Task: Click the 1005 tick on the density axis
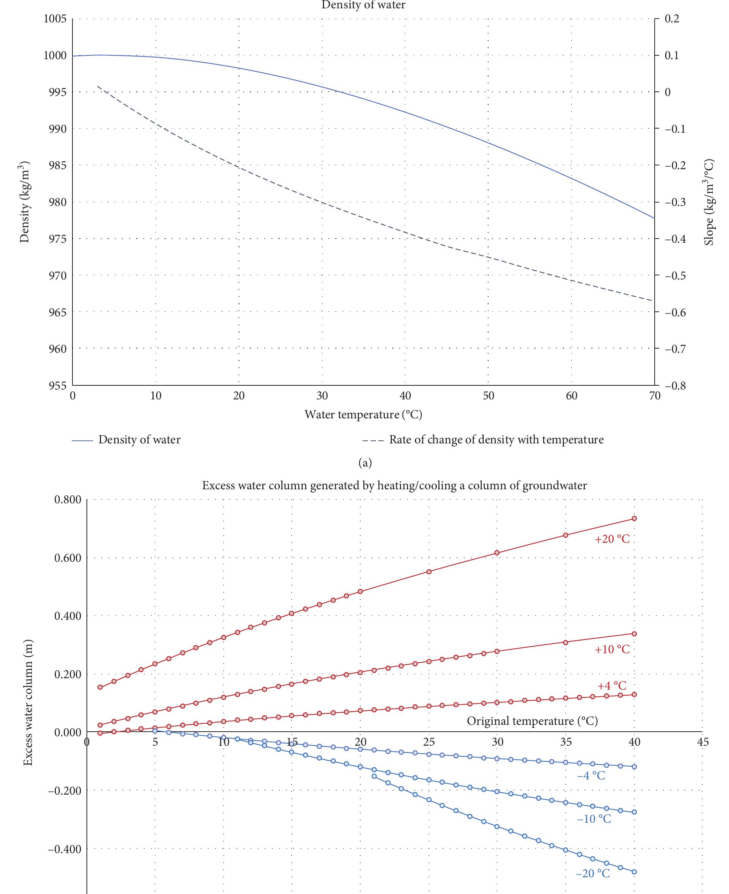(x=55, y=19)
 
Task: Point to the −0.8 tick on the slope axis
(x=675, y=386)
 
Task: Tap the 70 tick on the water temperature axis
(x=654, y=396)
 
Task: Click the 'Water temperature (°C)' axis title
(x=363, y=415)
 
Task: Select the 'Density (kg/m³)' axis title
(x=25, y=202)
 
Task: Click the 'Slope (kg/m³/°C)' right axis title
(x=709, y=202)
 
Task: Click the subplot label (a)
(x=364, y=463)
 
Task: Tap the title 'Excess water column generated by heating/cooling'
(x=394, y=485)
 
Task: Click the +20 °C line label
(x=612, y=539)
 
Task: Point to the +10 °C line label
(x=612, y=650)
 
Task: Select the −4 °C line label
(x=591, y=776)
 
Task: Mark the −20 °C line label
(x=592, y=874)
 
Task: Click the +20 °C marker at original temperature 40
(x=634, y=518)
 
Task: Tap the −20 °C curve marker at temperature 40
(x=634, y=872)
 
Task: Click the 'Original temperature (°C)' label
(x=532, y=721)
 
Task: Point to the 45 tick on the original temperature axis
(x=702, y=742)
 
